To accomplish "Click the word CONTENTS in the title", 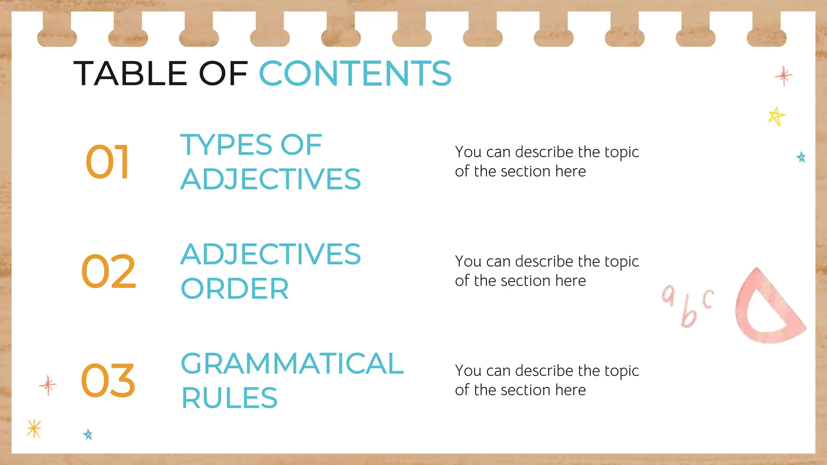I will tap(355, 73).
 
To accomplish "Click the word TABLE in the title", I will tap(130, 73).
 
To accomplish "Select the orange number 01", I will tap(107, 162).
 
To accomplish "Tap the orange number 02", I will tap(108, 271).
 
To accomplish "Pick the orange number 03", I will tap(108, 381).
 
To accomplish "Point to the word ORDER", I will tap(235, 289).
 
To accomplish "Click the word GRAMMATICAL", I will tap(292, 363).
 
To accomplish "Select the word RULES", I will tap(229, 398).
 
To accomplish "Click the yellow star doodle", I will tap(776, 116).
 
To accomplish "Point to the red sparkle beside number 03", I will tap(48, 385).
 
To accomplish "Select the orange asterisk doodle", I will tap(34, 428).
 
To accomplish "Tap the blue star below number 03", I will tap(88, 434).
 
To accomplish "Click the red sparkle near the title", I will tap(783, 76).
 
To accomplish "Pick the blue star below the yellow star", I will tap(801, 157).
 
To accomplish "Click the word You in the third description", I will tap(468, 371).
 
